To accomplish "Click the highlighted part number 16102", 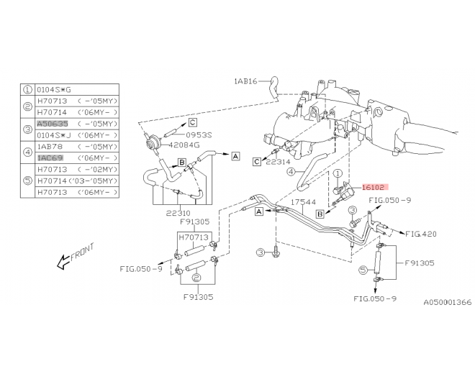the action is [x=374, y=188].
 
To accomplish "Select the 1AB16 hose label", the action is [x=245, y=81].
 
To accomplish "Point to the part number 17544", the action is [x=303, y=202].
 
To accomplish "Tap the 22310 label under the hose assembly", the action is [x=178, y=213].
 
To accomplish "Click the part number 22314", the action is [x=278, y=162].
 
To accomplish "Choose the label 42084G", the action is [x=184, y=145].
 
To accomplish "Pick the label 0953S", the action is [x=199, y=135].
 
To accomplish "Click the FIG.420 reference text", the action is [x=421, y=234].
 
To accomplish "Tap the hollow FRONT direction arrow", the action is [x=63, y=262].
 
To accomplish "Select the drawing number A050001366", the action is [x=448, y=302].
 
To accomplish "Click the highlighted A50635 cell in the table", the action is [x=53, y=124].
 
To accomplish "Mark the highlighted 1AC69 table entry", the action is [x=50, y=158].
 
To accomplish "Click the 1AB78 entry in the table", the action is [x=50, y=147].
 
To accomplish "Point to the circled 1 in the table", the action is [x=27, y=90].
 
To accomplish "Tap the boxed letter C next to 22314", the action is [x=257, y=162].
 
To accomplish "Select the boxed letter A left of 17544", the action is [x=259, y=211].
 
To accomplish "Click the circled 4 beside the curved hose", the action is [x=291, y=172].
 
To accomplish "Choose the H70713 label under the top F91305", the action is [x=194, y=237].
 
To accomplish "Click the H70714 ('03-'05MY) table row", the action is [x=77, y=181].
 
